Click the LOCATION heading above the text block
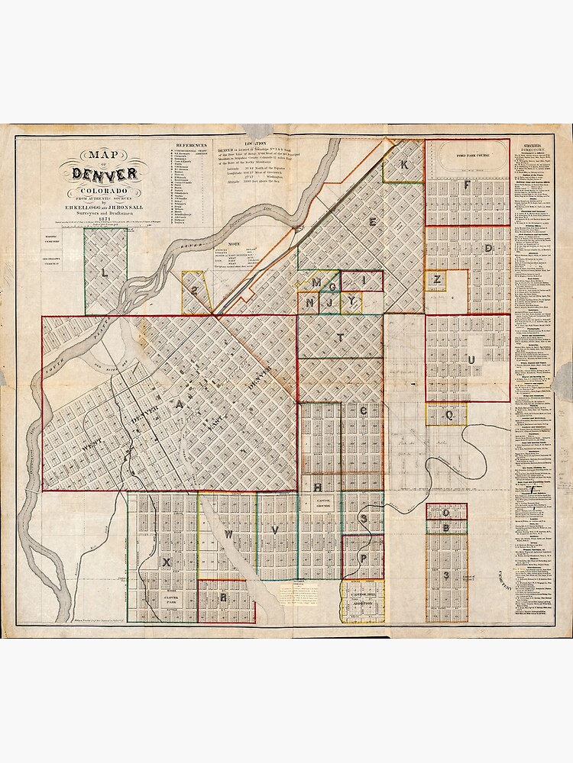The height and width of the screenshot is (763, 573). (x=255, y=143)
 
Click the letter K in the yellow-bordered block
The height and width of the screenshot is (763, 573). (x=404, y=165)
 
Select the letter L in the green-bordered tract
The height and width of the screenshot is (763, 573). (x=105, y=271)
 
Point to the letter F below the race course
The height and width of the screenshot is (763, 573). (x=466, y=185)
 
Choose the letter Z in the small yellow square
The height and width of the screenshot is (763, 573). (x=436, y=279)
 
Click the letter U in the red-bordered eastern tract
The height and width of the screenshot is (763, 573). (x=471, y=359)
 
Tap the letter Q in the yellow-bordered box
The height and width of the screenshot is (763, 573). (x=450, y=416)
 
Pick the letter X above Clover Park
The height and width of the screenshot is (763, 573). (x=165, y=562)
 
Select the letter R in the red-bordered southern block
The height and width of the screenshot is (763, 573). (x=223, y=598)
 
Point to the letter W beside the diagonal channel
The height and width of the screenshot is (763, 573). (x=227, y=535)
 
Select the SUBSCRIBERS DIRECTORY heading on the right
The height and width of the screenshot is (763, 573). (x=533, y=147)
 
